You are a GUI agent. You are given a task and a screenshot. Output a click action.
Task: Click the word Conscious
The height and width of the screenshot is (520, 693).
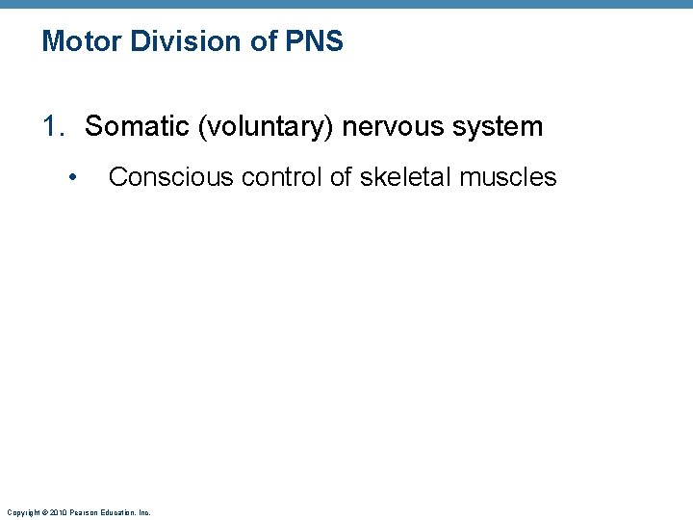[160, 177]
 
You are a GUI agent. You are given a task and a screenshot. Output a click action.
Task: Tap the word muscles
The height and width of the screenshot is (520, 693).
[509, 177]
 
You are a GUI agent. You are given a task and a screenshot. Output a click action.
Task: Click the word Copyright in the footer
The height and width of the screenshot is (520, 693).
[21, 512]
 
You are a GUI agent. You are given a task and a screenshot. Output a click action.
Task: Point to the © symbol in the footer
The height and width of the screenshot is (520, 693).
[43, 512]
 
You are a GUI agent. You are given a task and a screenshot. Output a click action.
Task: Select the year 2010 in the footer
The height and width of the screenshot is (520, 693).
[57, 512]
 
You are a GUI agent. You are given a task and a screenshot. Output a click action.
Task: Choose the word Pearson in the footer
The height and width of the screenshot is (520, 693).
[82, 512]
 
